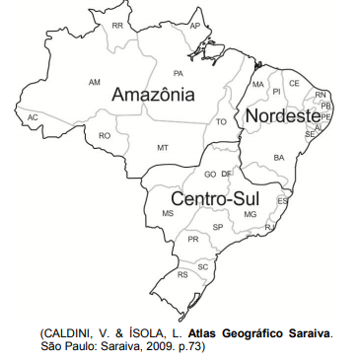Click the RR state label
pos(118,25)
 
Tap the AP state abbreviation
pos(195,25)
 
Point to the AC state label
pos(33,117)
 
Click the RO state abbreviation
pos(105,136)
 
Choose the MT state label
pos(163,147)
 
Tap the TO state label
pos(221,122)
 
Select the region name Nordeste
pos(283,116)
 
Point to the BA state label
pos(279,158)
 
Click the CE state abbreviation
pos(294,84)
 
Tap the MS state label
pos(168,214)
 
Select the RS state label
pos(182,275)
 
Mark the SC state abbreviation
pos(203,266)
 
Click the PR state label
pos(193,240)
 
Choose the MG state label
pos(251,214)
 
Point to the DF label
pos(227,174)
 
